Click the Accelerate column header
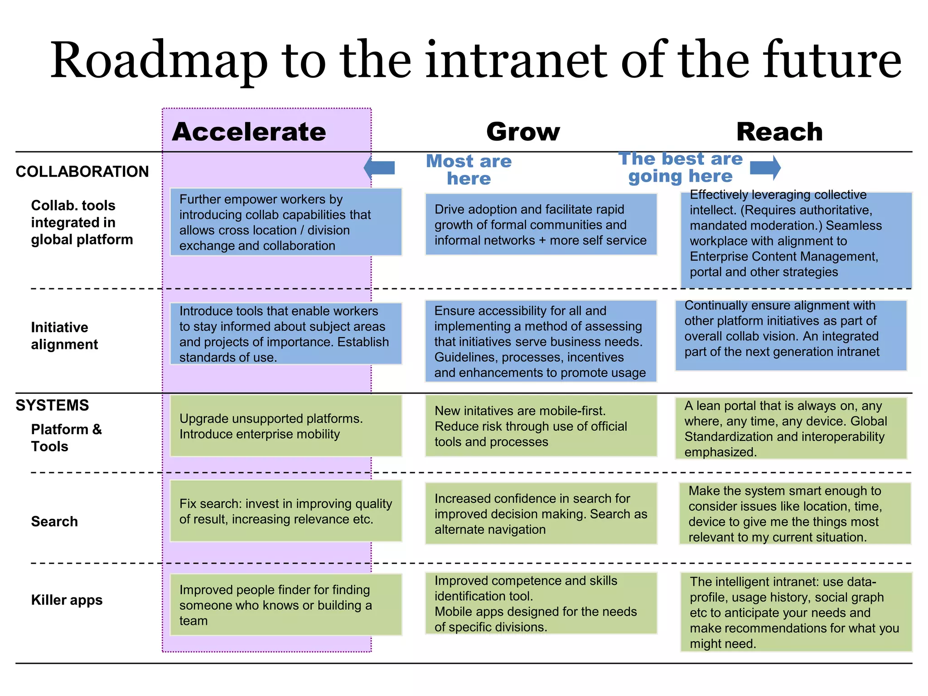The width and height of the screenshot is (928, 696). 249,132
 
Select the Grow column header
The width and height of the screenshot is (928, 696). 523,132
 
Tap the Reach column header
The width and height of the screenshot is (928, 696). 779,132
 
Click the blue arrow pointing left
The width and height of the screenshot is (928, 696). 379,168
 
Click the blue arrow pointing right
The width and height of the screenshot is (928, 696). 765,168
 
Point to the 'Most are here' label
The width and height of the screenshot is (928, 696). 469,169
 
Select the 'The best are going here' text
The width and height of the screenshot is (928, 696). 681,167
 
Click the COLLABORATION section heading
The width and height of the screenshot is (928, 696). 82,172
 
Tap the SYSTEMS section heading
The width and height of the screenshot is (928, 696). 52,405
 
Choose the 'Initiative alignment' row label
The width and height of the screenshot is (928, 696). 64,336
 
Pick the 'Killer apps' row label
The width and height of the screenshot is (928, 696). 67,600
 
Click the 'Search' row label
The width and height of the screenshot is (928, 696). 54,522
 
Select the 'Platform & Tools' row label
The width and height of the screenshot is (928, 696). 66,438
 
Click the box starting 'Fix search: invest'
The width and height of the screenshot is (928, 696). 286,511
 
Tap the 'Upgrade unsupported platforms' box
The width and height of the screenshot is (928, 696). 286,426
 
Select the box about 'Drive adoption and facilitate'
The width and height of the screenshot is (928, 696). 541,225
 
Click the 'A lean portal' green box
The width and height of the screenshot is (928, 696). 791,429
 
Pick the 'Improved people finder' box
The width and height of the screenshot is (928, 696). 286,605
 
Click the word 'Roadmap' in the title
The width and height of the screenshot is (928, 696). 159,61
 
